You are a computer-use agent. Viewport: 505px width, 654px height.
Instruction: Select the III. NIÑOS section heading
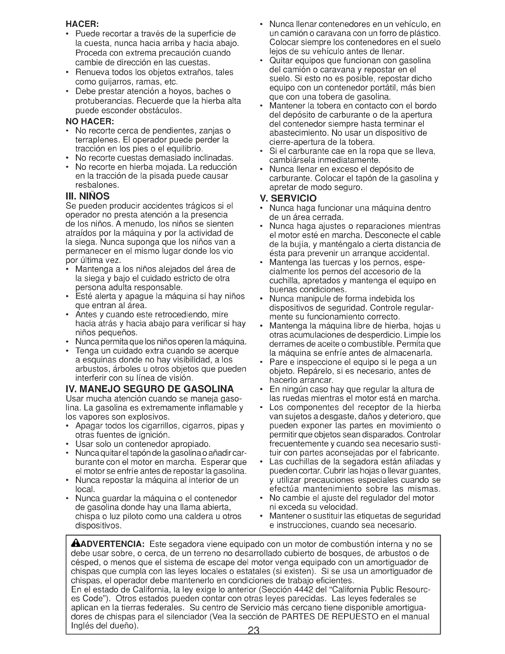point(86,195)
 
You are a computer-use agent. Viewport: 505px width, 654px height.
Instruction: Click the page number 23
point(252,642)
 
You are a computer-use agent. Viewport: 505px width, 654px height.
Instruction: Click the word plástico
point(424,33)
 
